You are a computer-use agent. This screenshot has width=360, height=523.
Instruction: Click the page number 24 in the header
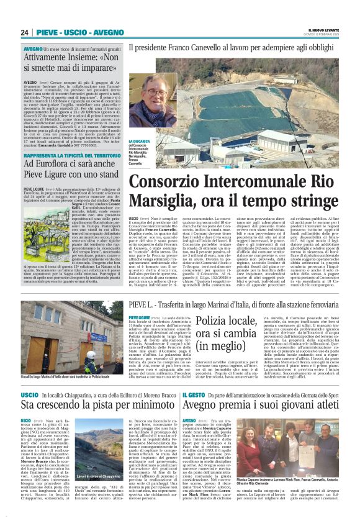(x=24, y=32)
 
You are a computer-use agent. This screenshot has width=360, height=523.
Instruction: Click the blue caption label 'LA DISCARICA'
(x=138, y=142)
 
